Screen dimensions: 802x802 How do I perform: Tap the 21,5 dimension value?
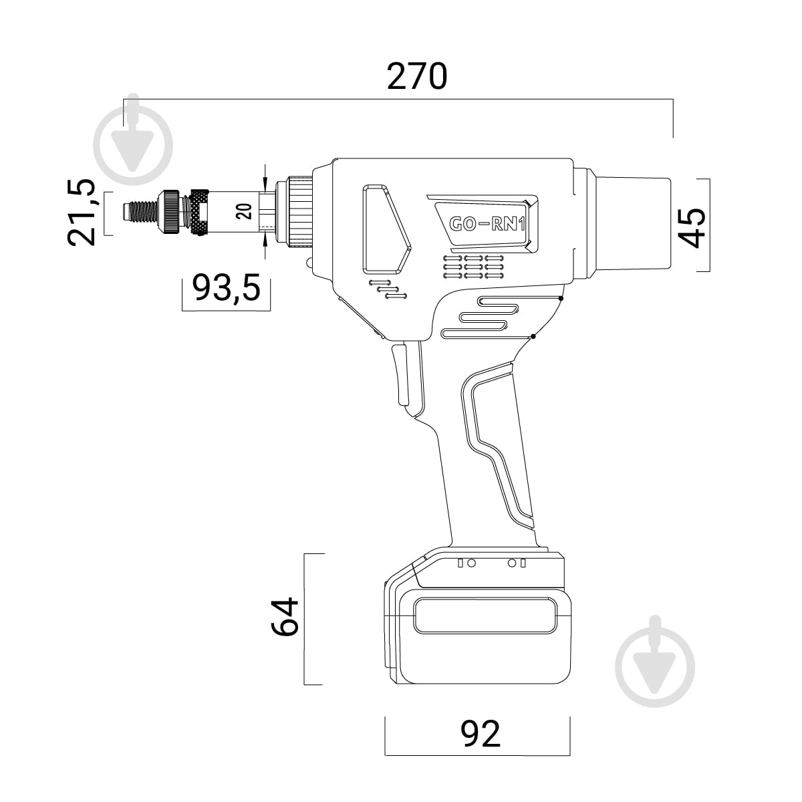pos(81,213)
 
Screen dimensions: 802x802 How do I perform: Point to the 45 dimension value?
pos(692,228)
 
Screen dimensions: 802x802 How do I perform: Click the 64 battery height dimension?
pos(285,617)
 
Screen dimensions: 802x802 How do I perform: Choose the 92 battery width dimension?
pos(480,734)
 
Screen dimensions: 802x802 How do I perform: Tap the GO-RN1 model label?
pos(487,225)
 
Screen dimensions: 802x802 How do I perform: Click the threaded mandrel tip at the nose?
pos(140,213)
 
